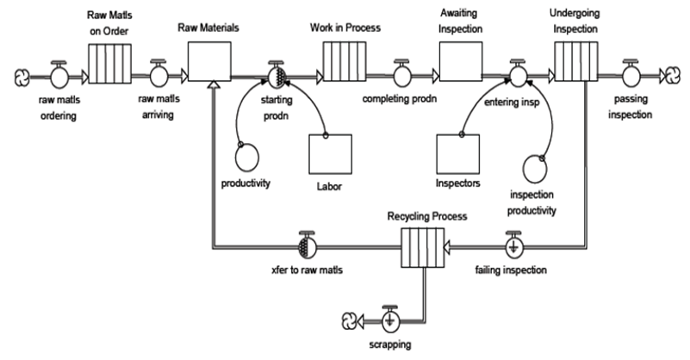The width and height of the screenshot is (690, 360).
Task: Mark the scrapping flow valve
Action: point(390,320)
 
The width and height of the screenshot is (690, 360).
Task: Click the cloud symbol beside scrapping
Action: point(350,320)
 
